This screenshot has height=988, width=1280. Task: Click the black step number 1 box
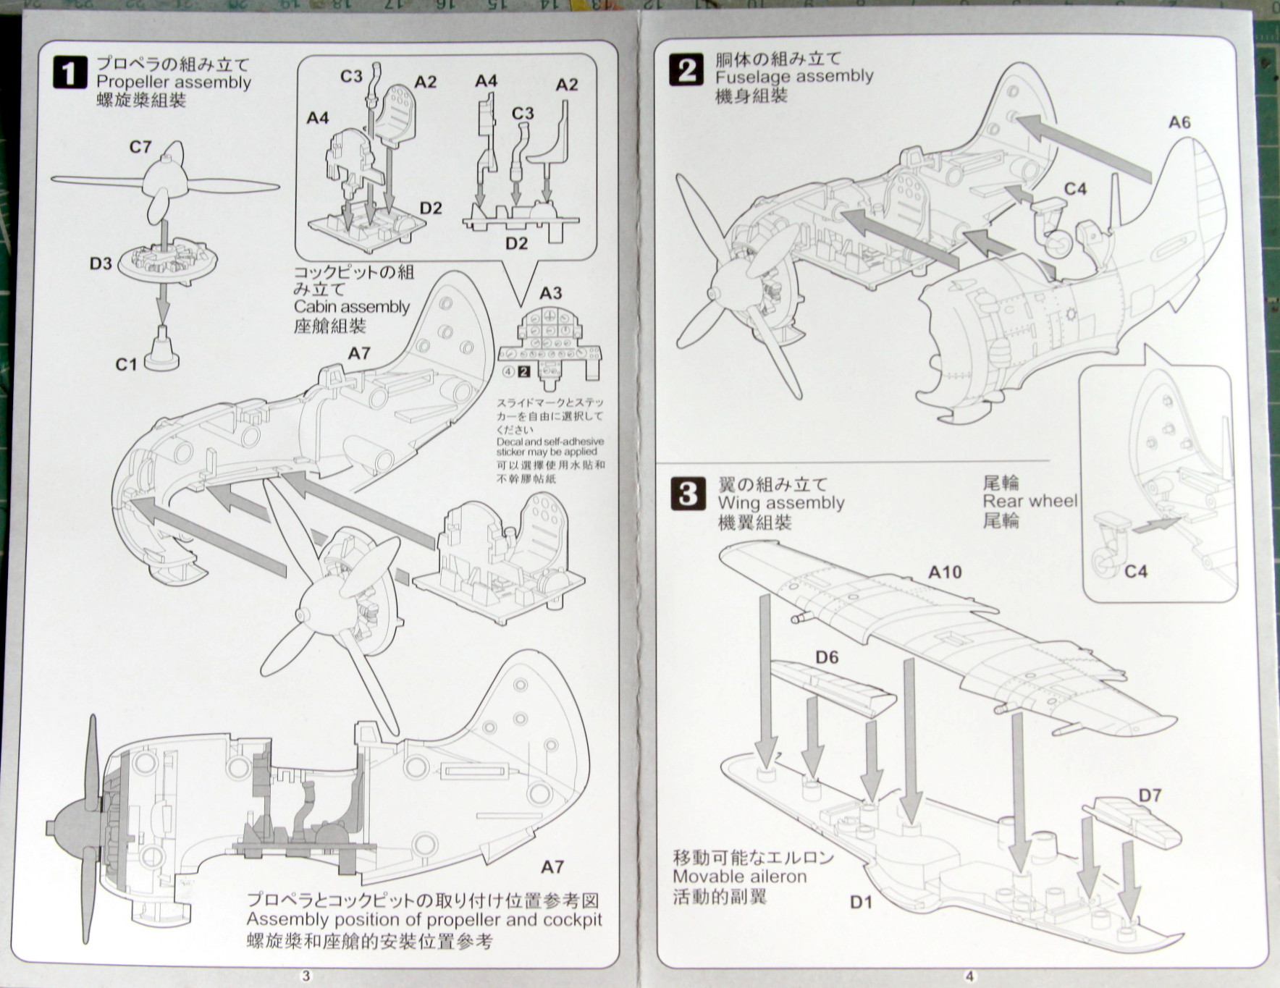[70, 72]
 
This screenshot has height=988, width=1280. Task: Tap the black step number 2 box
[687, 71]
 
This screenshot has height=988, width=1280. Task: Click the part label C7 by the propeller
[140, 147]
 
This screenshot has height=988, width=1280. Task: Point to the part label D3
[101, 263]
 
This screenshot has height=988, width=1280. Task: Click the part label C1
[127, 363]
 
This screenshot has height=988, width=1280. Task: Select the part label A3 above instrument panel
[550, 292]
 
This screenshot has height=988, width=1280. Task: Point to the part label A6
[1179, 122]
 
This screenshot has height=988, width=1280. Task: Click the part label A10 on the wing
[945, 572]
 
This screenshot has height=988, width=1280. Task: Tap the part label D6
[826, 656]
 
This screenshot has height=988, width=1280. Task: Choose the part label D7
[1150, 795]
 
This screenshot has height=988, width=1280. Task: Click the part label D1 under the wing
[861, 902]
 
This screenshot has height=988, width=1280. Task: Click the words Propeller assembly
[174, 83]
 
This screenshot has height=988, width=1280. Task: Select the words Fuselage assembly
[794, 76]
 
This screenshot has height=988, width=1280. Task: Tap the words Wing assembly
[781, 503]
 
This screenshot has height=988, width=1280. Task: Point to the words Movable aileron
[739, 877]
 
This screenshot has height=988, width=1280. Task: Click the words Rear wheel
[1030, 501]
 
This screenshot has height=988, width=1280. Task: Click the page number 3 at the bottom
[306, 976]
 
